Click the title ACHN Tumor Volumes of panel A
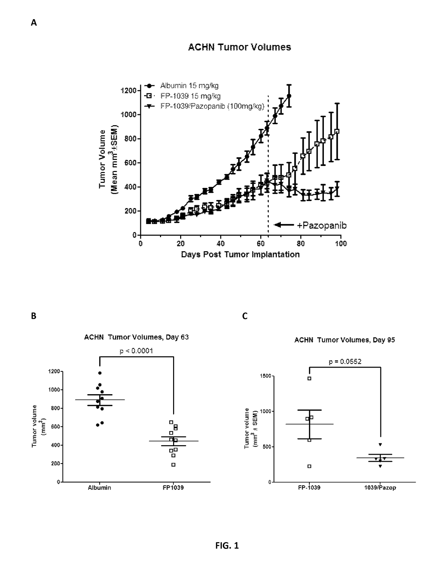(x=239, y=47)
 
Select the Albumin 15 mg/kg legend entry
(x=181, y=86)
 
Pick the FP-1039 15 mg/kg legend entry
(x=182, y=96)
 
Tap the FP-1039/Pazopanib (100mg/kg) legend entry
(x=204, y=106)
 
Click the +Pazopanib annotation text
(x=322, y=225)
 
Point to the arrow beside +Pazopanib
(x=284, y=225)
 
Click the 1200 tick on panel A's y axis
(x=129, y=91)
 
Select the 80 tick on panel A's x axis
(x=301, y=243)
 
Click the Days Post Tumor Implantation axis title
(x=240, y=254)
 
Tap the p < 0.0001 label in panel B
(x=136, y=351)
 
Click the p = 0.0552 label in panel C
(x=345, y=362)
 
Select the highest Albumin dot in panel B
(x=100, y=373)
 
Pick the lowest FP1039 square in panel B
(x=173, y=465)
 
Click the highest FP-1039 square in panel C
(x=309, y=378)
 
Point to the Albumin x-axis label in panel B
(x=99, y=488)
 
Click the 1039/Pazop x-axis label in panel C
(x=380, y=488)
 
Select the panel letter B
(x=34, y=316)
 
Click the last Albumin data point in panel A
(x=289, y=96)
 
